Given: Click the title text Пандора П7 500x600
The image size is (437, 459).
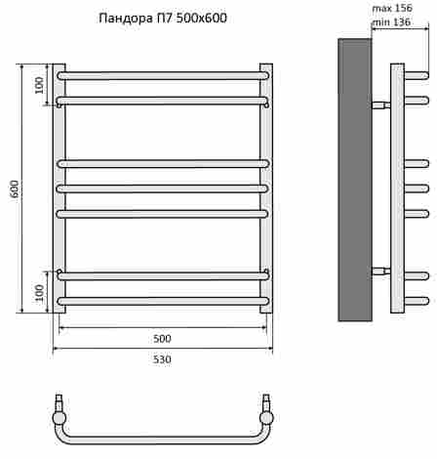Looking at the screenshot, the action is point(163,19).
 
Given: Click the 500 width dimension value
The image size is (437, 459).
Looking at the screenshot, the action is point(162,339).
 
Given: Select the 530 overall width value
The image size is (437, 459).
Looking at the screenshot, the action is point(162,359).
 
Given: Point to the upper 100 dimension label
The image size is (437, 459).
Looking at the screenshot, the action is point(39,85).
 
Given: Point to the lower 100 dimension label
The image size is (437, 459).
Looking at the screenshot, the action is point(39,293).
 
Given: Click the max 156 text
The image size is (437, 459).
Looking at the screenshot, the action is point(392,9).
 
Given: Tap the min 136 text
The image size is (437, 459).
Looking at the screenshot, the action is point(391,22).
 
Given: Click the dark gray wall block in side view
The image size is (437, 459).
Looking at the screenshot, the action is point(355,180).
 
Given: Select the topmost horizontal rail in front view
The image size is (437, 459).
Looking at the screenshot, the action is point(163,76).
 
